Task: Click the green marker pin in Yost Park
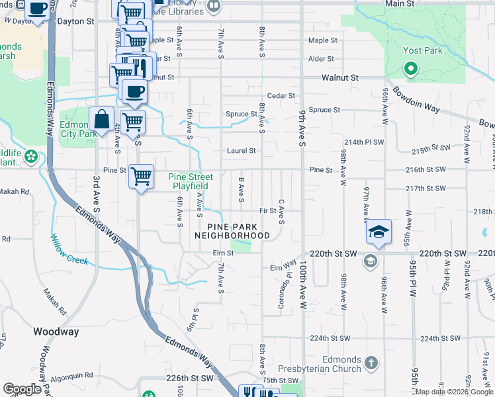click(410, 68)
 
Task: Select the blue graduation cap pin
click(379, 232)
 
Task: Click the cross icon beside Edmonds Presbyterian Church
click(371, 363)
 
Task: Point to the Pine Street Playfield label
click(191, 181)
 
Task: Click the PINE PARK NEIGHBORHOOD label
click(232, 231)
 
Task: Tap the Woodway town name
click(56, 331)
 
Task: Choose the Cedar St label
click(281, 96)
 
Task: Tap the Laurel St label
click(242, 150)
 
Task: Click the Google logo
click(22, 389)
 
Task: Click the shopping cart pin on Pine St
click(141, 177)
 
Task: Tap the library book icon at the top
click(213, 7)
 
